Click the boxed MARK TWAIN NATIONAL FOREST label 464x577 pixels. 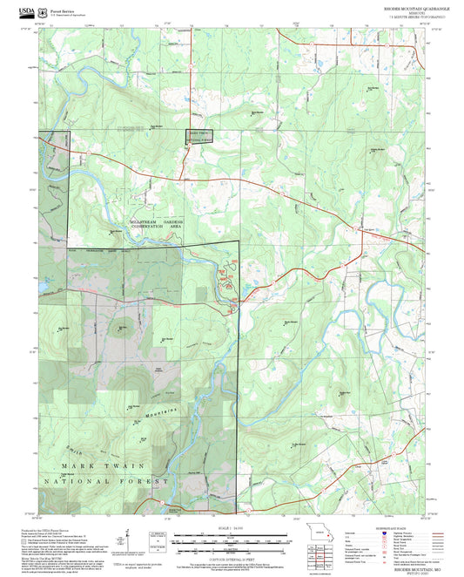tap(198, 136)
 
